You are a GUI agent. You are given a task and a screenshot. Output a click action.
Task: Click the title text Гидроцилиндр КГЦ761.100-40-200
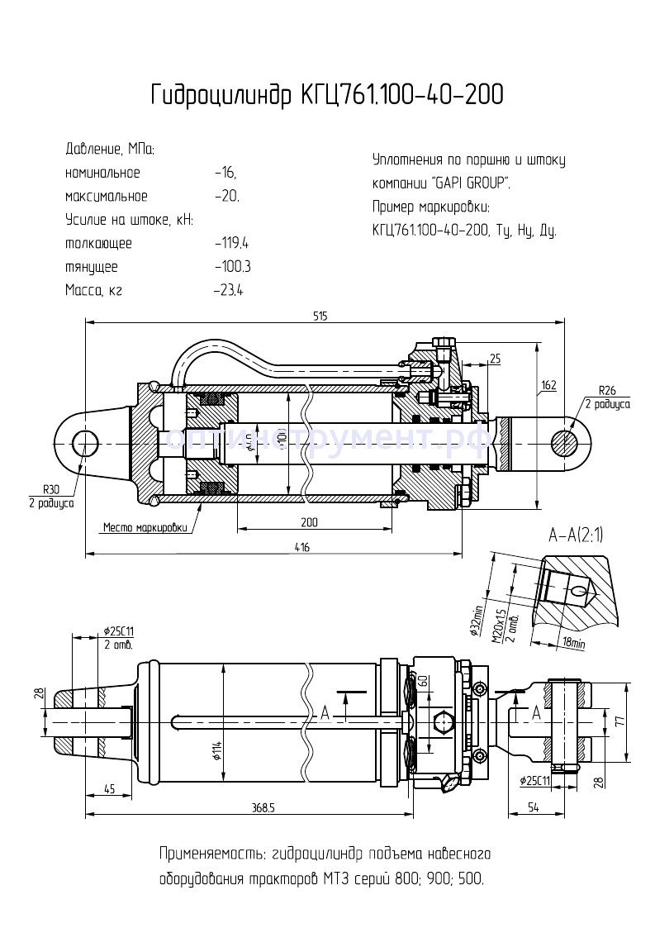(326, 95)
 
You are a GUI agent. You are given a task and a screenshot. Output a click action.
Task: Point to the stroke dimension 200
(309, 522)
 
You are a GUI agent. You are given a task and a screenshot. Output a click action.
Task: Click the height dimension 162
(549, 385)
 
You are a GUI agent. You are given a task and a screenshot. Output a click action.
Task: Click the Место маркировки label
(145, 527)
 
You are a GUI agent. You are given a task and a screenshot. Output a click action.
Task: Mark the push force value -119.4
(231, 244)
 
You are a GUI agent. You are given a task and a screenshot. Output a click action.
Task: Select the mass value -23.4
(228, 290)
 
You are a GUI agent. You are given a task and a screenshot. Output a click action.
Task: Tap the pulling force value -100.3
(231, 267)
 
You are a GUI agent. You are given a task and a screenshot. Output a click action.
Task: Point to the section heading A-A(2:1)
(576, 535)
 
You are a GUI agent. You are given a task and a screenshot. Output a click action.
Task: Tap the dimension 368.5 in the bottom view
(263, 808)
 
